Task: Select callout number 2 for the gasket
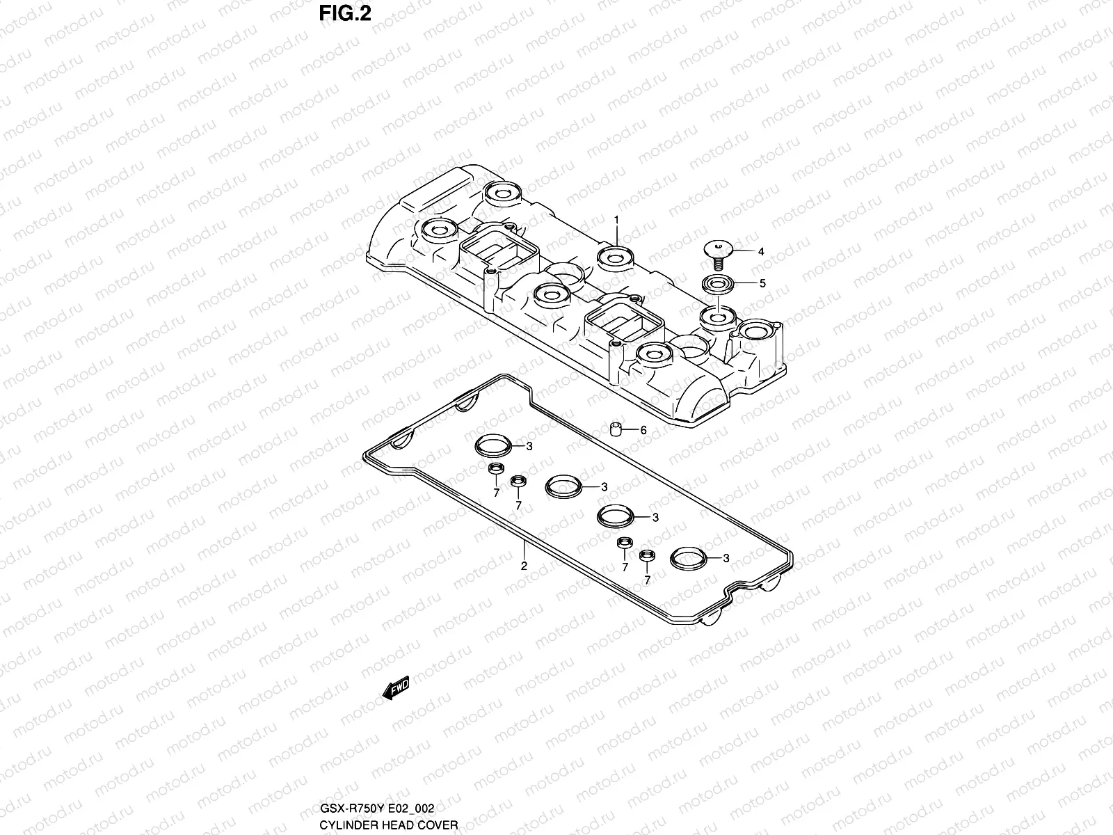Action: coord(524,566)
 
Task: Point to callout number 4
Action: coord(761,252)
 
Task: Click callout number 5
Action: coord(762,283)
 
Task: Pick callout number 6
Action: coord(643,431)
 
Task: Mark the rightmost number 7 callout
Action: coord(647,580)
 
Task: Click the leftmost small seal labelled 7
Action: coord(495,468)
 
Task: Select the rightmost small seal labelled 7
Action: coord(647,555)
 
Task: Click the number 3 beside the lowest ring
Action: coord(726,558)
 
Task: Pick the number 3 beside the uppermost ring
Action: coord(529,447)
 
